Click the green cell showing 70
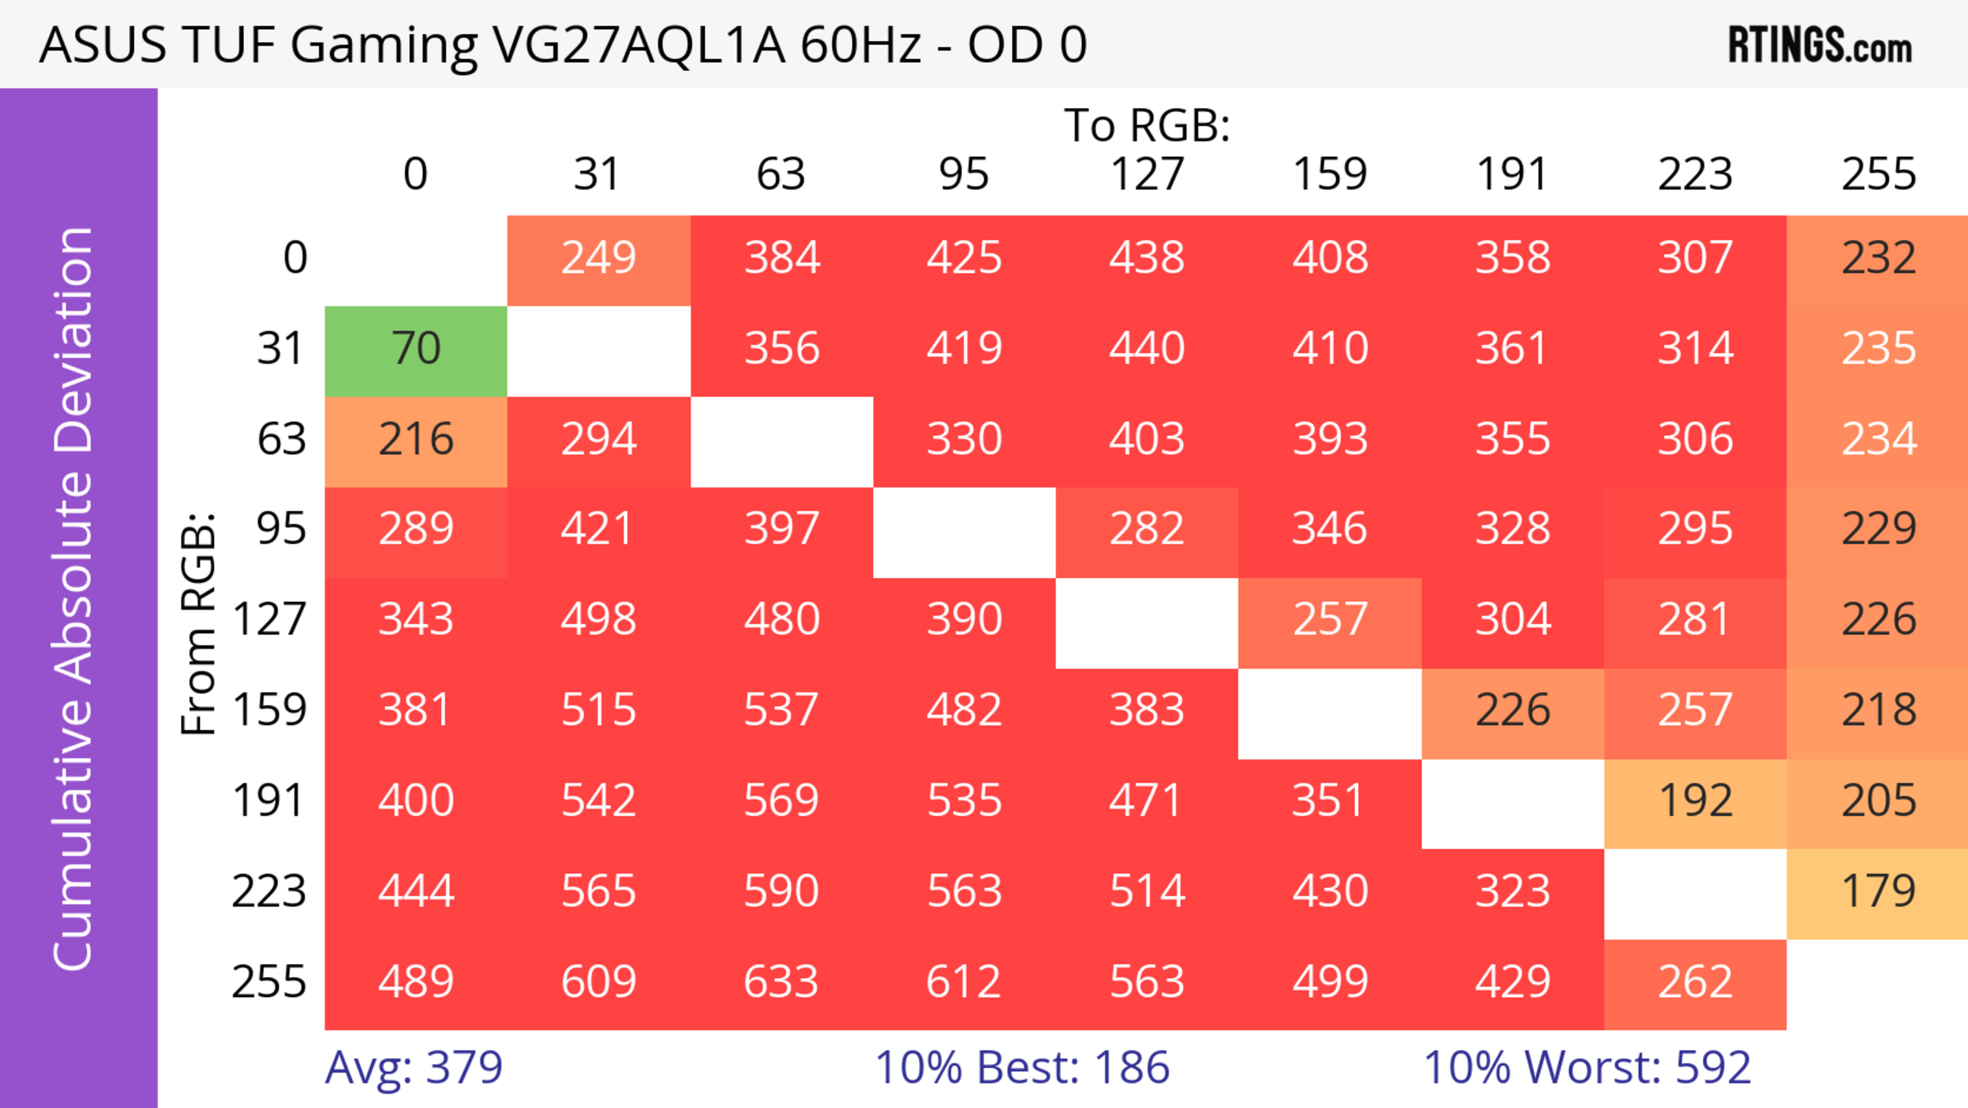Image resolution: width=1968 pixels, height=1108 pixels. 416,349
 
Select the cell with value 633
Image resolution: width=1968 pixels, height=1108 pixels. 781,982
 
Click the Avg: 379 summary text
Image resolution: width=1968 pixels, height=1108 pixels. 413,1067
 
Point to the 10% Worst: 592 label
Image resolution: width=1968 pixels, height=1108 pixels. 1587,1067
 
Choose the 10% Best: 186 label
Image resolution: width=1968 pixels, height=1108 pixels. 1021,1067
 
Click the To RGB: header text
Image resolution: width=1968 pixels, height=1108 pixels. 1147,125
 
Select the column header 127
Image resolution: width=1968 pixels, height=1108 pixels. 1147,174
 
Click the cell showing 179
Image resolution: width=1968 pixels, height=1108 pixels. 1878,892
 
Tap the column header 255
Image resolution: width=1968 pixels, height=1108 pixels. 1878,174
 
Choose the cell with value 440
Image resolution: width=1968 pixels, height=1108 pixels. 1147,349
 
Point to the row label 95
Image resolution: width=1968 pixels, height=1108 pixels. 281,529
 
